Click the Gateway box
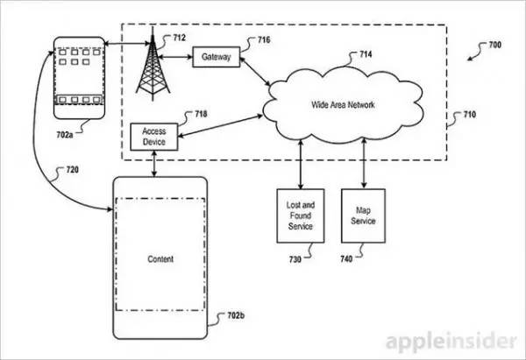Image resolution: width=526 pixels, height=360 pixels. [217, 57]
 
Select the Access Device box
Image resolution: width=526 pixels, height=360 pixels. [154, 137]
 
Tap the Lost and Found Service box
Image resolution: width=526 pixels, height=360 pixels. [300, 215]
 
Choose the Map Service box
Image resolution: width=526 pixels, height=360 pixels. [363, 215]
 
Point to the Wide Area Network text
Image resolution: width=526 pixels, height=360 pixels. [343, 105]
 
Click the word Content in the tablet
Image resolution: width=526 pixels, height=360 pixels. [160, 259]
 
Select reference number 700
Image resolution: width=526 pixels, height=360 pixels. [495, 45]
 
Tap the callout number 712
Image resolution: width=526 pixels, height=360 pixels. [179, 38]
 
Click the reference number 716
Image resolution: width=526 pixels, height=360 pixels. [264, 40]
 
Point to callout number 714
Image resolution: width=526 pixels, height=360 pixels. [366, 54]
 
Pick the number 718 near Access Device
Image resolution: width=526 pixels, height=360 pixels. [201, 114]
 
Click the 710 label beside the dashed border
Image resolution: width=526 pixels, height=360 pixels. [470, 115]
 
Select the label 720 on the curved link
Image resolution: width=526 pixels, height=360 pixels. [73, 170]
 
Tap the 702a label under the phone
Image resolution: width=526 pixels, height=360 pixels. [64, 135]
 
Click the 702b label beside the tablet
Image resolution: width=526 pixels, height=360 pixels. [236, 315]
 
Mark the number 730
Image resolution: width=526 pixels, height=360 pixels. [295, 259]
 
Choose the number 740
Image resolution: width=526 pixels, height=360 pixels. [346, 258]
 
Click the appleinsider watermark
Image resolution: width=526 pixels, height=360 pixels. [451, 342]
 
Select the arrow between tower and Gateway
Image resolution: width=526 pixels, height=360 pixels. [175, 57]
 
